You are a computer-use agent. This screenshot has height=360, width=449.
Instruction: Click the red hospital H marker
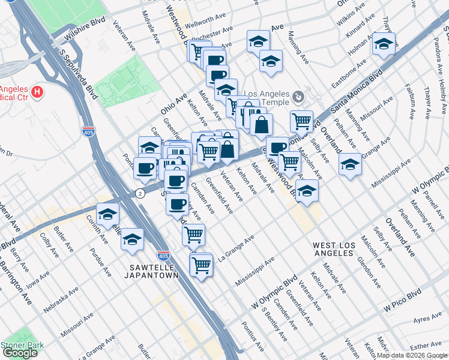click(x=37, y=92)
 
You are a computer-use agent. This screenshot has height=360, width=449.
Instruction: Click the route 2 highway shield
click(x=139, y=193)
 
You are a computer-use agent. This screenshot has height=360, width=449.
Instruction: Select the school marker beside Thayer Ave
click(x=384, y=44)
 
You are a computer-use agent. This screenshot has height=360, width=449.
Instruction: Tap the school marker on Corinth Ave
click(x=107, y=214)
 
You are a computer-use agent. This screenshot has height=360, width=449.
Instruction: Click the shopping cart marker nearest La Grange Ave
click(x=193, y=235)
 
